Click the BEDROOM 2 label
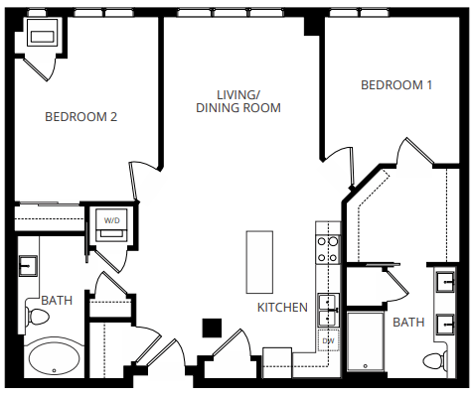81,117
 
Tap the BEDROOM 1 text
396,85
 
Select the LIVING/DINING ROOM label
238,100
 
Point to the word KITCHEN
282,308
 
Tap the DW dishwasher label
327,340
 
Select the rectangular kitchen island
259,261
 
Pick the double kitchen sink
327,310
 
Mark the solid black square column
211,327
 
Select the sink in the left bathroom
28,265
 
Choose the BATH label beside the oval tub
56,300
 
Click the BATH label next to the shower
408,323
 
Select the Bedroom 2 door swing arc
145,179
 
